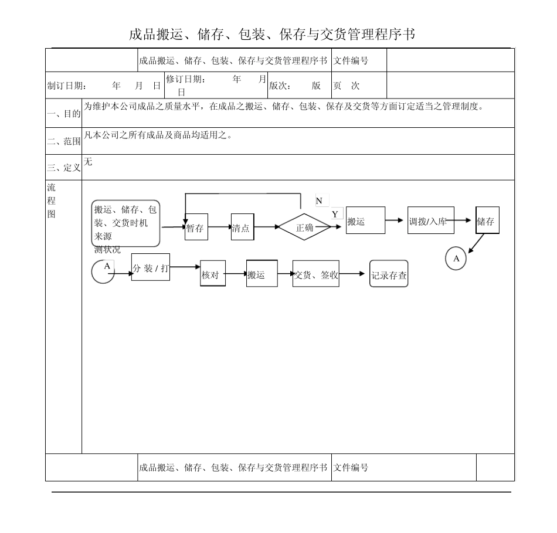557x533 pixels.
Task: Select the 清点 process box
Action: click(242, 227)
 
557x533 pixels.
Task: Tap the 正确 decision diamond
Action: click(305, 228)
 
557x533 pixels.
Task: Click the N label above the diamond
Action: click(319, 201)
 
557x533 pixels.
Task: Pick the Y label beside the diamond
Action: click(335, 214)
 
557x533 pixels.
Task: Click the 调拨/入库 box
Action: click(427, 220)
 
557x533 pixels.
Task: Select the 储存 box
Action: click(487, 220)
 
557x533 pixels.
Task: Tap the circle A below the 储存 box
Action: click(456, 259)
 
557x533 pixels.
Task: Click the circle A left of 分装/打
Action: click(104, 270)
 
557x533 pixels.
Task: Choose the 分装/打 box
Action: click(151, 267)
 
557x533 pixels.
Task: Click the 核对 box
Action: click(213, 273)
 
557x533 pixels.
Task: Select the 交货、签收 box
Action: click(315, 273)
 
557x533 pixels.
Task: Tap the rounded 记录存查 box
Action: click(389, 274)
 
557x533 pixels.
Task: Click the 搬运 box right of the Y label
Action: click(365, 220)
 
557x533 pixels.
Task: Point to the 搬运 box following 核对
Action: click(261, 273)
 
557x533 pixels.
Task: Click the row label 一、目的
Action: click(63, 114)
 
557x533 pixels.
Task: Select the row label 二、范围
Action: click(63, 141)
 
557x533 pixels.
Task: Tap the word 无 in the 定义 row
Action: click(88, 162)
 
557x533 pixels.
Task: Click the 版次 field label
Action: click(280, 86)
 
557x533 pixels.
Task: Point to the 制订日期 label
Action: click(67, 86)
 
